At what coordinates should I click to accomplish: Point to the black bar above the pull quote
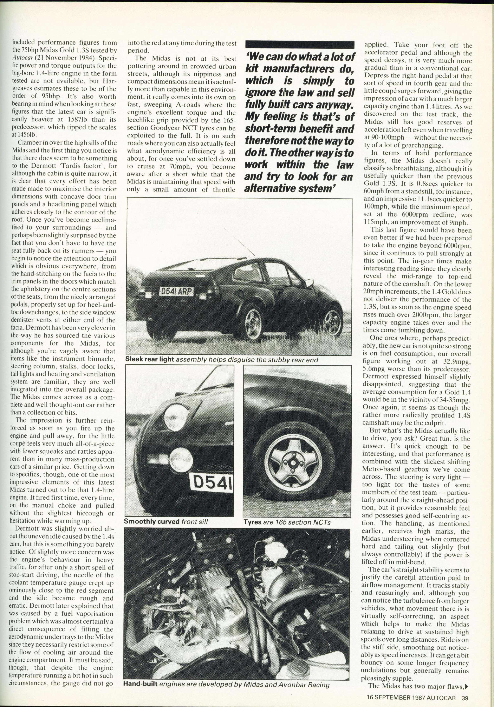click(x=300, y=45)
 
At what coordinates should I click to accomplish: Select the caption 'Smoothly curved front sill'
click(x=166, y=521)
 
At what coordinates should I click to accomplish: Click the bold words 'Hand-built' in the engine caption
click(x=141, y=684)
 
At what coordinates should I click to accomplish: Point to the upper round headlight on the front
click(x=176, y=417)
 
